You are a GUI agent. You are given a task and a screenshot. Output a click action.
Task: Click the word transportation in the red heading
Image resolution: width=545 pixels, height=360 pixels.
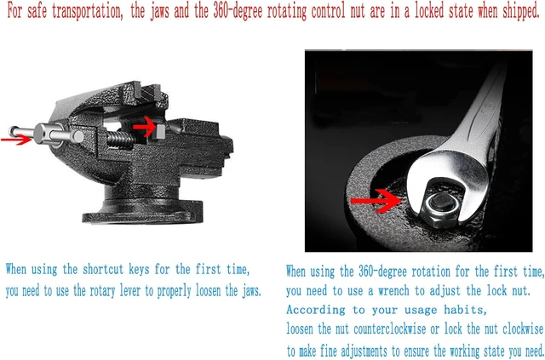87,11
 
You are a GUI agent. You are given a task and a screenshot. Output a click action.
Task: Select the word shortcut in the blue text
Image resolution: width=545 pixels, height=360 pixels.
103,269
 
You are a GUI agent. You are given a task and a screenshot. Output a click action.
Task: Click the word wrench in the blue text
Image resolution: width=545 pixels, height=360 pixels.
393,291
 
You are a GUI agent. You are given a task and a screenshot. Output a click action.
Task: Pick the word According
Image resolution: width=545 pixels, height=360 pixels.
316,310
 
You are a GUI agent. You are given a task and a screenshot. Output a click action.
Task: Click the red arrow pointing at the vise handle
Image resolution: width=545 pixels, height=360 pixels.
16,140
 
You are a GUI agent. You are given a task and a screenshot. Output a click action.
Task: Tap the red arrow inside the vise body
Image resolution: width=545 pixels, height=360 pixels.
144,127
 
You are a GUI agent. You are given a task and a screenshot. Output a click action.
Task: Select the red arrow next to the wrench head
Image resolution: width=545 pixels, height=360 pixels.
376,201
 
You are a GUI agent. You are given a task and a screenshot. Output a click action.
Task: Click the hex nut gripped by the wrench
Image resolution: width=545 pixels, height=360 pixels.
441,209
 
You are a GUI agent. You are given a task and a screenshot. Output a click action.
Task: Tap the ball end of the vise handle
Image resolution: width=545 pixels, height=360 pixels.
14,131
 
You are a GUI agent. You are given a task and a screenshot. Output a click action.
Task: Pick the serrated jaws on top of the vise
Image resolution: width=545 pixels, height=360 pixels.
146,91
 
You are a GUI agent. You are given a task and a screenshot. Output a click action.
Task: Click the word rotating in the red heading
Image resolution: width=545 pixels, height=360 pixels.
287,11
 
